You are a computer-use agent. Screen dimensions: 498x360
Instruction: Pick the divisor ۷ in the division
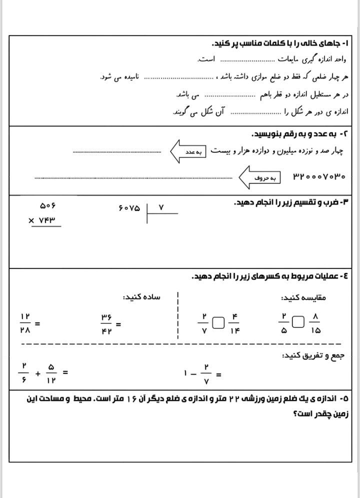coord(161,206)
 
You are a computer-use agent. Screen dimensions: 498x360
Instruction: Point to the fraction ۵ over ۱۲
coord(51,373)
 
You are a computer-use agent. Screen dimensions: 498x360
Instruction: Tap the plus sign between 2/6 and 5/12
coord(38,373)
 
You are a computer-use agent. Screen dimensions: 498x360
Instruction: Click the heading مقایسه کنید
coord(303,297)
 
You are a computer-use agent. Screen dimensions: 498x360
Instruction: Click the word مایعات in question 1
coord(288,59)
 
